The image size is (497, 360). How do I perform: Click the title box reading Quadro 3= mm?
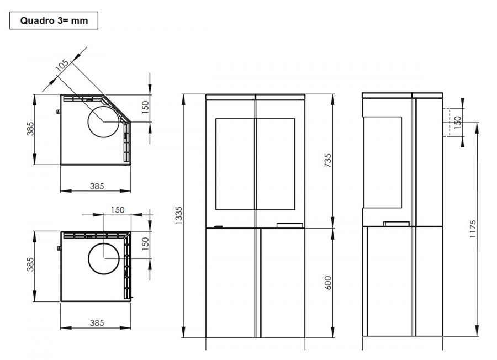click(x=54, y=20)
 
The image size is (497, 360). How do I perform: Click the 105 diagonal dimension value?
click(x=62, y=65)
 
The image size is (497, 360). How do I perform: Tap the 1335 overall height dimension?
click(x=179, y=215)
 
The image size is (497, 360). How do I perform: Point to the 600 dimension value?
click(x=328, y=283)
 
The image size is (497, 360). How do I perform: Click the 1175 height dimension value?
click(x=473, y=229)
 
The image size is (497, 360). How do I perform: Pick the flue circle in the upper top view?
click(x=103, y=121)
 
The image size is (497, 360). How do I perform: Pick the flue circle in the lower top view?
click(x=104, y=258)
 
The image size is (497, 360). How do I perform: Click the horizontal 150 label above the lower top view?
click(x=118, y=210)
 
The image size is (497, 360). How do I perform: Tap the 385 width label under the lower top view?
click(x=97, y=323)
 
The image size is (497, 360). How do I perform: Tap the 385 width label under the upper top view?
click(x=97, y=186)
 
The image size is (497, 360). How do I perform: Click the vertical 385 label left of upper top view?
click(x=30, y=129)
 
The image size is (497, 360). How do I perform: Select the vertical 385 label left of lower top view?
click(x=30, y=264)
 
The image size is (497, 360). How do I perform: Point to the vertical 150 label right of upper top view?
click(x=145, y=107)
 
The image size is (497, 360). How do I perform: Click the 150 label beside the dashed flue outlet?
click(x=457, y=123)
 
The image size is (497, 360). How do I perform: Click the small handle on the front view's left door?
click(x=218, y=226)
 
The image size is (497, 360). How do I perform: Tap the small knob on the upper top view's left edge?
click(x=59, y=112)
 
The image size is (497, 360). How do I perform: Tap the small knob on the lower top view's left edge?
click(x=59, y=248)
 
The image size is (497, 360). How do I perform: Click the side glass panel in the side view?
click(x=383, y=162)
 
